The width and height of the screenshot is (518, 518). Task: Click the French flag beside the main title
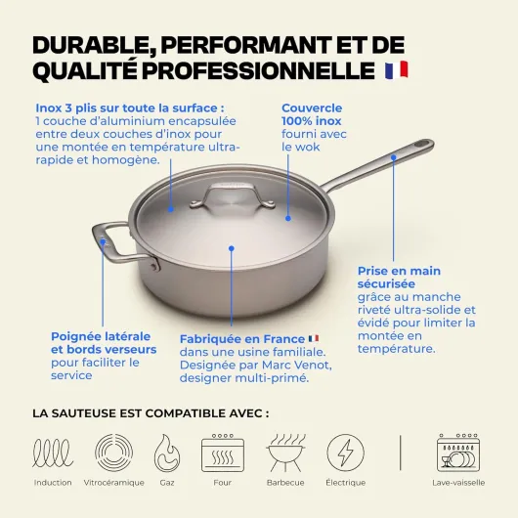[397, 69]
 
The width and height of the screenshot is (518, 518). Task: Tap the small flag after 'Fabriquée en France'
[314, 338]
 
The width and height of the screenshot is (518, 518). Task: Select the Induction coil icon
[53, 453]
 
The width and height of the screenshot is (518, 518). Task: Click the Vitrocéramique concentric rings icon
[113, 453]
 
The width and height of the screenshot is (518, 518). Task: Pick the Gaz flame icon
[167, 453]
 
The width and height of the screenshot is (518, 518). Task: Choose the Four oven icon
[223, 453]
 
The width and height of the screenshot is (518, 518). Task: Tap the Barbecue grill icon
[285, 453]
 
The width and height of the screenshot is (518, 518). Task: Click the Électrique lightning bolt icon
[346, 453]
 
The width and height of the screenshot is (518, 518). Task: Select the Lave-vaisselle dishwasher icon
[458, 453]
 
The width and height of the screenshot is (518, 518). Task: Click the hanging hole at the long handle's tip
[422, 144]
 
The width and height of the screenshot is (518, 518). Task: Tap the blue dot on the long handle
[394, 157]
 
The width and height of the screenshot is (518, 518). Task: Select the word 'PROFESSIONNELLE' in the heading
[259, 70]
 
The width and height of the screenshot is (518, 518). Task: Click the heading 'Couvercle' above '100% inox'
[312, 108]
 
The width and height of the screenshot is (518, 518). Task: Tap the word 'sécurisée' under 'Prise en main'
[386, 283]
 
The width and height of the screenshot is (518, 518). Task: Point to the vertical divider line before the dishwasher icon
[401, 453]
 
